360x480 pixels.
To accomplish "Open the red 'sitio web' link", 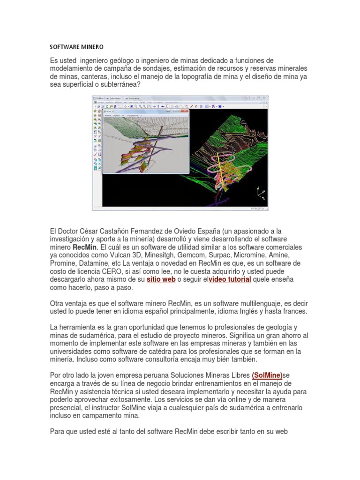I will click(x=161, y=279).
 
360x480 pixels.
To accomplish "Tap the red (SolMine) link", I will click(x=267, y=375).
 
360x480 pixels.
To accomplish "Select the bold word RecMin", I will click(x=85, y=247).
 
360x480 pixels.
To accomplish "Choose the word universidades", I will click(x=72, y=351).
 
